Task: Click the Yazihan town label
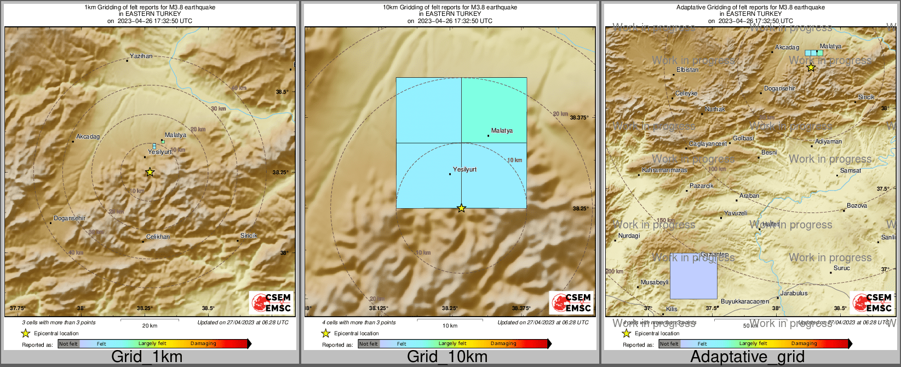(141, 56)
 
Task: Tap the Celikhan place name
(158, 237)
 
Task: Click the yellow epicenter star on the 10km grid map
(461, 208)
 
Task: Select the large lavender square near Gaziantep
(693, 276)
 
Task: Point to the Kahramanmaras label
(664, 170)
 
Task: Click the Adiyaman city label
(828, 142)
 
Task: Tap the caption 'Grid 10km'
(447, 357)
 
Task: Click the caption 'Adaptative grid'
(747, 357)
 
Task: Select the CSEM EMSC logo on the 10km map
(571, 303)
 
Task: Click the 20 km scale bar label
(150, 326)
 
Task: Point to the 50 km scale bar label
(750, 326)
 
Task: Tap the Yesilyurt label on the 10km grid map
(464, 170)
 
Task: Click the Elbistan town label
(687, 70)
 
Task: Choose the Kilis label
(672, 309)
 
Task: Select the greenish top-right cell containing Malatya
(494, 110)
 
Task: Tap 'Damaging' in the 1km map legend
(203, 344)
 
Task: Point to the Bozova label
(857, 206)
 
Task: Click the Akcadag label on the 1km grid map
(88, 137)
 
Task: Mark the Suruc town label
(841, 268)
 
